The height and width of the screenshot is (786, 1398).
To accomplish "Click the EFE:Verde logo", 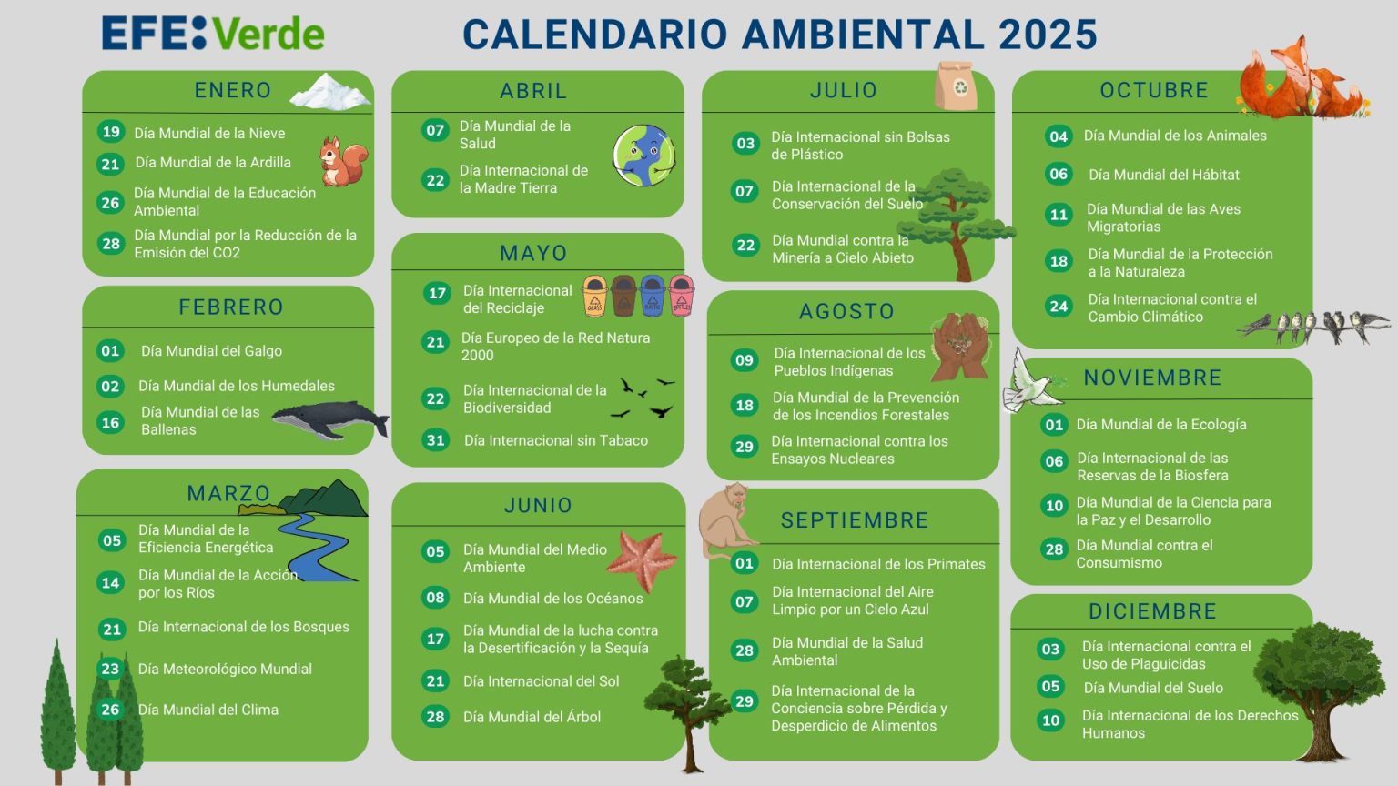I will click(213, 34).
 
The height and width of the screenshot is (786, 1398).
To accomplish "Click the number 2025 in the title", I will click(1048, 35).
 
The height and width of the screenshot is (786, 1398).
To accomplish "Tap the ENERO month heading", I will click(233, 91).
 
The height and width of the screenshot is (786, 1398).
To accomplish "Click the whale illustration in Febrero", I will click(329, 419).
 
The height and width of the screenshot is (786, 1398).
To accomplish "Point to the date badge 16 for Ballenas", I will click(110, 422).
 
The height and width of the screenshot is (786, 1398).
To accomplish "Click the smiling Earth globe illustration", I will click(643, 156).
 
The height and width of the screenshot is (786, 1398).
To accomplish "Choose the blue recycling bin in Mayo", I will click(653, 296).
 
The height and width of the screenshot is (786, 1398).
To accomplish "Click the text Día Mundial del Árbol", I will click(532, 717).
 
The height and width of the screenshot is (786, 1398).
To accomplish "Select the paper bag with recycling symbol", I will click(956, 86).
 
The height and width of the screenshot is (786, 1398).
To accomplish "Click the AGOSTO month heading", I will click(846, 312).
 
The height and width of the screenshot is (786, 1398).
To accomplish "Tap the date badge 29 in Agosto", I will click(745, 447).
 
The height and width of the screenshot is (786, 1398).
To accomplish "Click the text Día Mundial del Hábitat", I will click(1163, 175).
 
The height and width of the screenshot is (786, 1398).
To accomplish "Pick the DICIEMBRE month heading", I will click(1152, 611).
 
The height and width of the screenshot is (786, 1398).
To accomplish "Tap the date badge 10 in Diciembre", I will click(1050, 720).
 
